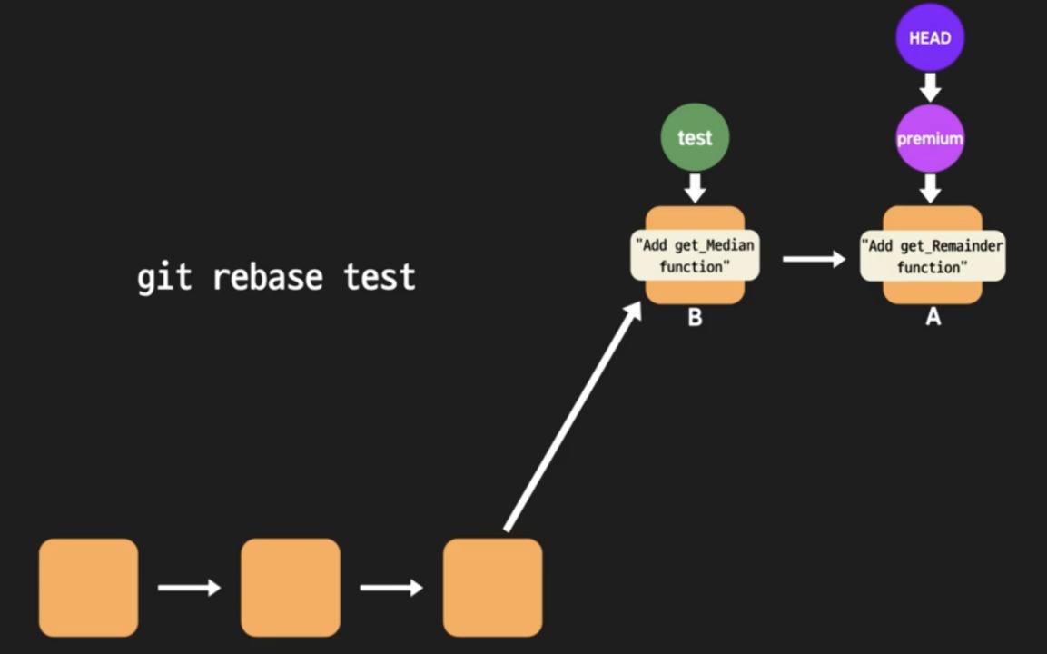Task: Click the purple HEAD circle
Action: [x=930, y=37]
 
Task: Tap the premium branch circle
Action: [x=930, y=139]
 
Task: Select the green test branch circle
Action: [x=695, y=137]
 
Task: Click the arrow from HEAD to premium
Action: [x=930, y=88]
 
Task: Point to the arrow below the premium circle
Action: [x=930, y=188]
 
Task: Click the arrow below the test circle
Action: [x=695, y=187]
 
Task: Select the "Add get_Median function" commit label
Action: [x=695, y=256]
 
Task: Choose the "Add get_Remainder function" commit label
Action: [x=932, y=256]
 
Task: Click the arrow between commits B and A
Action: [x=814, y=260]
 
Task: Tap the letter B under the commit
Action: [x=695, y=318]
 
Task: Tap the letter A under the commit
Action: [x=933, y=318]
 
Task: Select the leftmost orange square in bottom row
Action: [x=88, y=588]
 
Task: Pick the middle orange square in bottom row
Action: [x=291, y=588]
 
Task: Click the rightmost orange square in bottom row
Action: [x=492, y=588]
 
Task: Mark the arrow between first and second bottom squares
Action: [x=189, y=588]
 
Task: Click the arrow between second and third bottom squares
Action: [x=391, y=588]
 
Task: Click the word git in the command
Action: [x=164, y=277]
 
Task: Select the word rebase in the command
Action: [x=268, y=277]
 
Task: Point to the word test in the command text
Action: [x=380, y=277]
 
